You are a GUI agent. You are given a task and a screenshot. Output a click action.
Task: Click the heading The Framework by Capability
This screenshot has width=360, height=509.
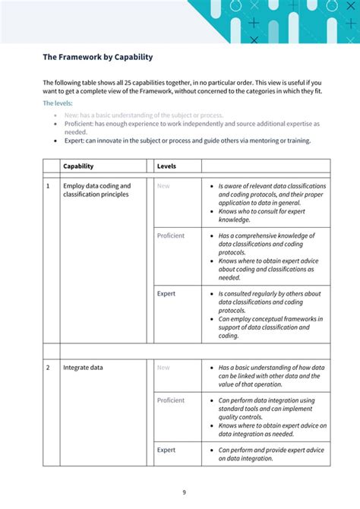tap(97, 57)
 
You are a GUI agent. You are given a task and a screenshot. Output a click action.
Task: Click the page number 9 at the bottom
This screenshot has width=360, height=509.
tap(184, 492)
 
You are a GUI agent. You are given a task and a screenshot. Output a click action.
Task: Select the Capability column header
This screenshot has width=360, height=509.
tap(78, 166)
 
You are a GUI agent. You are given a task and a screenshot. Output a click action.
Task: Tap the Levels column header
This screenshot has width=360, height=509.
tap(166, 166)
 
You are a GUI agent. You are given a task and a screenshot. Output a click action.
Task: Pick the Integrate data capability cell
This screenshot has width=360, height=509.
tap(83, 368)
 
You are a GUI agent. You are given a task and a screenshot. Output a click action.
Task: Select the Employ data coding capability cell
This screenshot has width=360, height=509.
tap(96, 190)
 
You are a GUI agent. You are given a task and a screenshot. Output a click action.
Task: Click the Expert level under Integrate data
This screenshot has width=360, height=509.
tap(166, 450)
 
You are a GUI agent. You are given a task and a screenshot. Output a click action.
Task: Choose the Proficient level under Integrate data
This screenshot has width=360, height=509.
tap(171, 400)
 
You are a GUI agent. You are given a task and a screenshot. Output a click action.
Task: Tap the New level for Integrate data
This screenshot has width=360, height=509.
tap(163, 368)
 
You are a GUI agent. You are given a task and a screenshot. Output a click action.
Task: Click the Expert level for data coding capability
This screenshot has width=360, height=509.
tap(166, 293)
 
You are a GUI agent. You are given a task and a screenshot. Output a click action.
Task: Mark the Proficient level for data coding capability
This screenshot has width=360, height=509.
tap(171, 236)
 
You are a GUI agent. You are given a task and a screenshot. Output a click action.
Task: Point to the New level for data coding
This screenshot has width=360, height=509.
tap(163, 185)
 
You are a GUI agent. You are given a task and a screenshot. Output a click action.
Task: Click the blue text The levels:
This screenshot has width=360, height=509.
tap(58, 103)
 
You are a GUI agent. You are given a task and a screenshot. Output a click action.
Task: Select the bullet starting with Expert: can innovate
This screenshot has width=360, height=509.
tap(187, 141)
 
